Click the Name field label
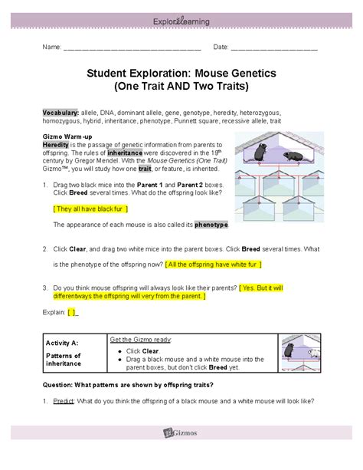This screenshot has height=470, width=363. [x=51, y=48]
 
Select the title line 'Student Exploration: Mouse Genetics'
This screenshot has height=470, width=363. [x=181, y=73]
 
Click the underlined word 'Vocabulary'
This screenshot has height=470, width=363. [x=60, y=111]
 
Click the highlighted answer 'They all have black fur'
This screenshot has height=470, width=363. [x=91, y=208]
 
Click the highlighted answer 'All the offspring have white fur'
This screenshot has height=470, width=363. [x=214, y=264]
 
